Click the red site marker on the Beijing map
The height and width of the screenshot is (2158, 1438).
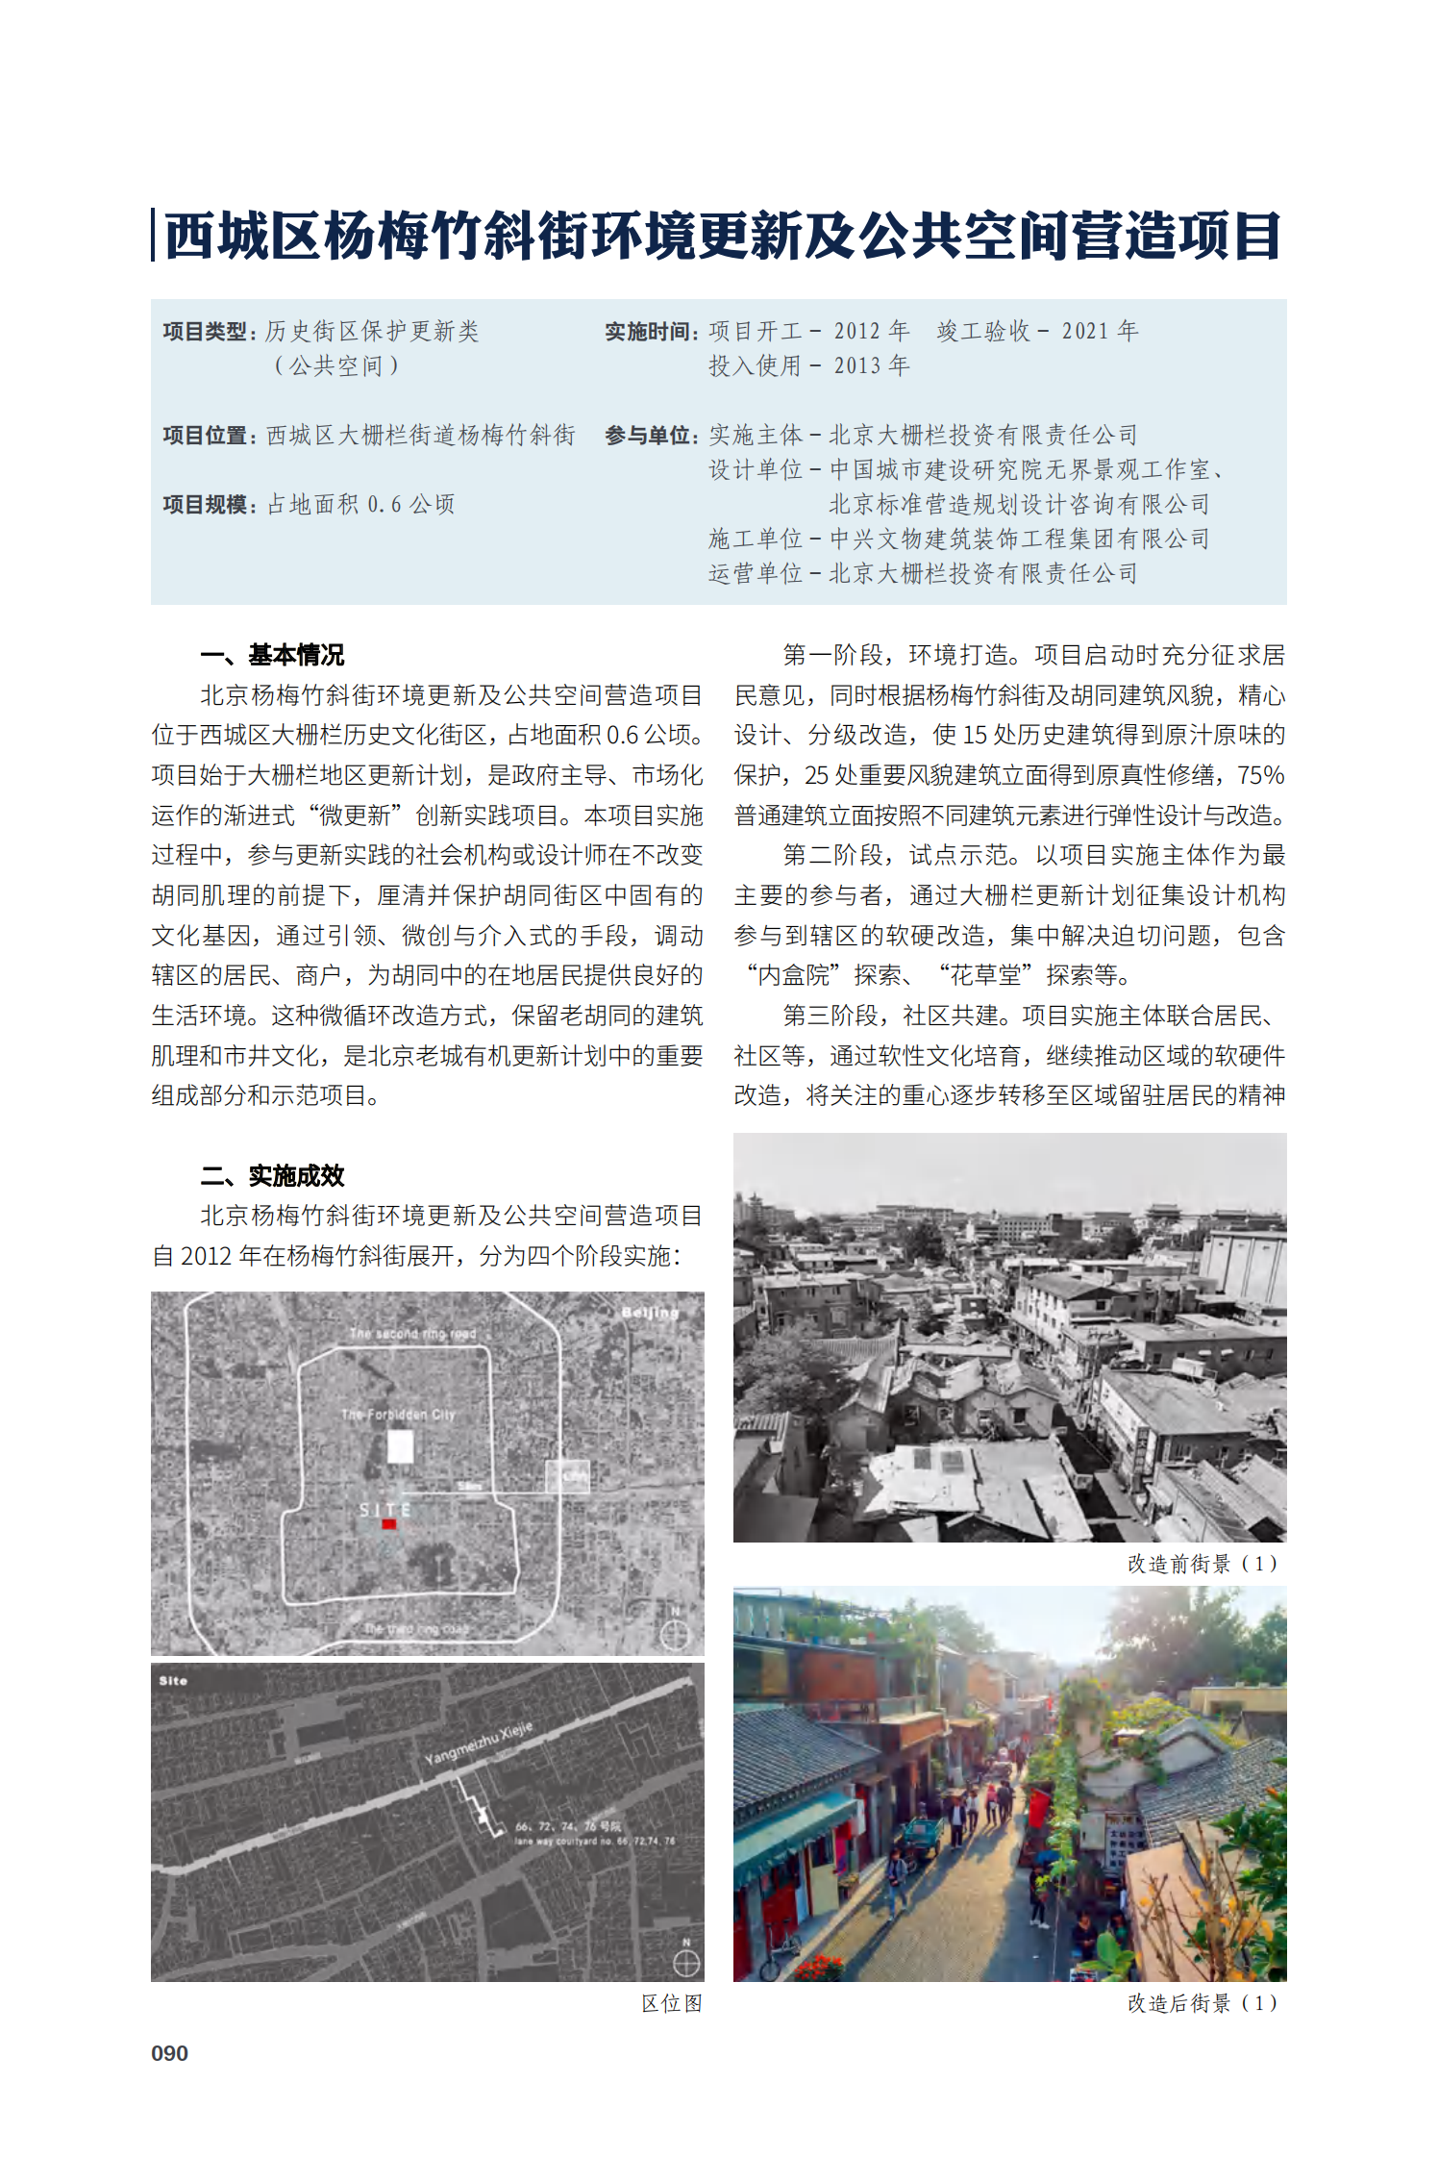point(389,1524)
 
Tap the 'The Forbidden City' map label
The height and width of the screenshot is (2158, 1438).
point(398,1415)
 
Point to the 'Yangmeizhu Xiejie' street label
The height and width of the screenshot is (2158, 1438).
point(478,1743)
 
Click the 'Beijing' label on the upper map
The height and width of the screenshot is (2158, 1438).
point(650,1313)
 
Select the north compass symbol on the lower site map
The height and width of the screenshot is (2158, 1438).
point(686,1962)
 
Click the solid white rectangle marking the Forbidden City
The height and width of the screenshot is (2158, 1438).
point(400,1446)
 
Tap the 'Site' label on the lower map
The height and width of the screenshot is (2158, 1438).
point(173,1680)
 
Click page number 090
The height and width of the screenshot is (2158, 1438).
point(169,2053)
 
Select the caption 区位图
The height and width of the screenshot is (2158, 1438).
point(672,2003)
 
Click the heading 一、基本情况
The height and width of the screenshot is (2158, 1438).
point(272,655)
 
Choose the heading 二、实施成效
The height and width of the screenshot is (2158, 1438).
point(272,1175)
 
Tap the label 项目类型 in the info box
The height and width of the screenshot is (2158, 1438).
point(205,332)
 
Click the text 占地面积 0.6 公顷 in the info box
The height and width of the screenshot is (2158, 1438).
point(360,504)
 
